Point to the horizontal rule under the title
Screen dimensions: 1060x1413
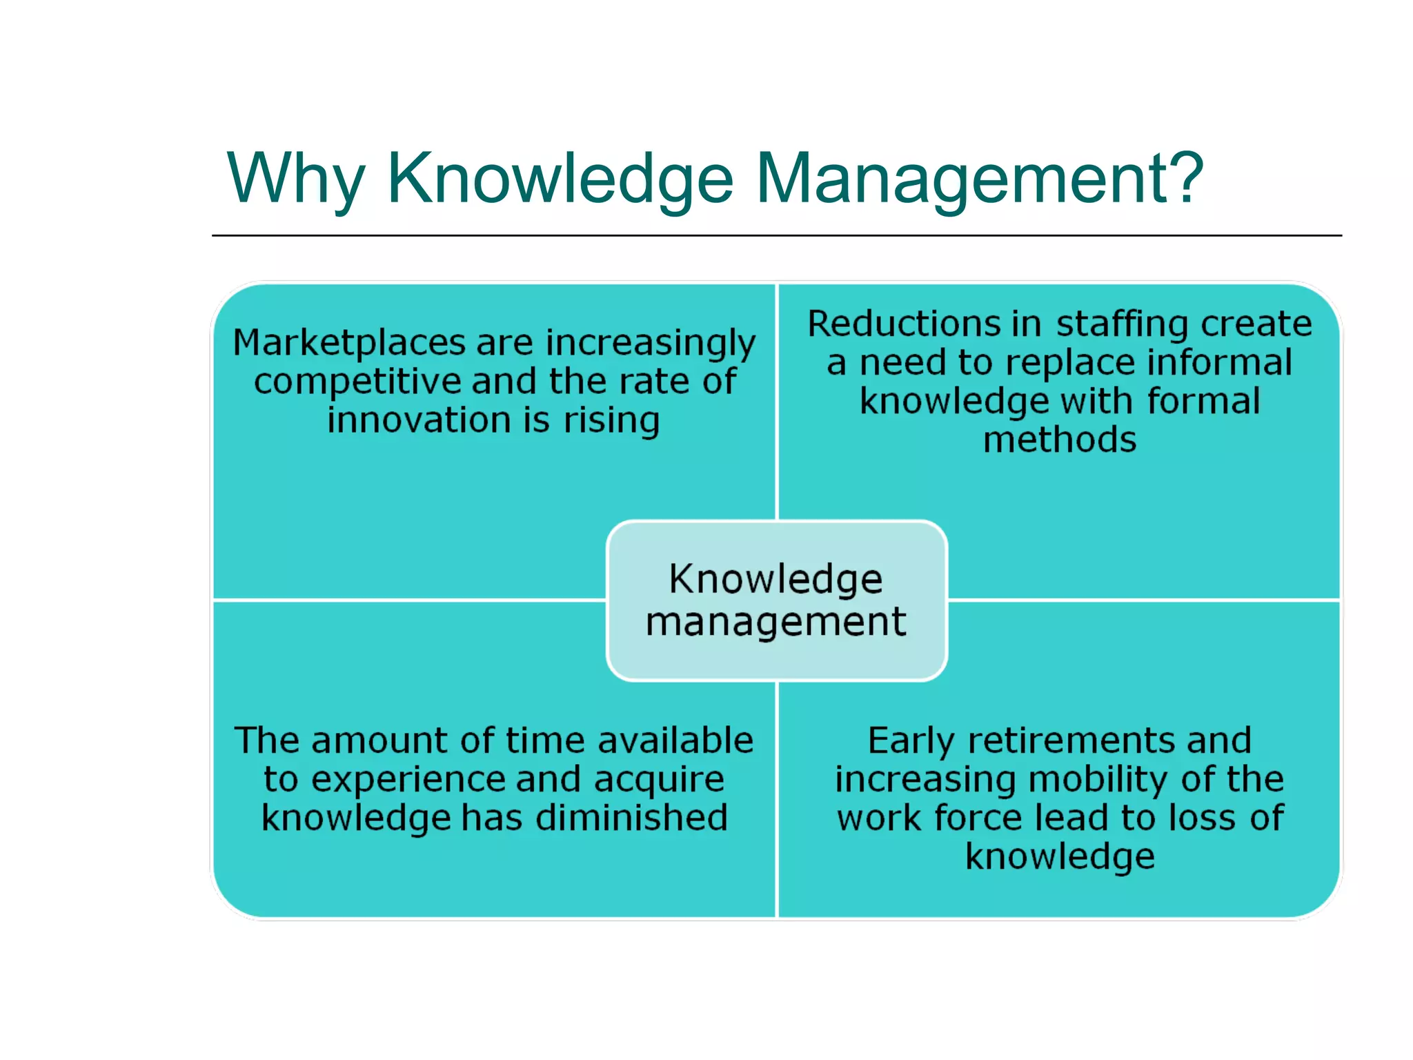click(776, 235)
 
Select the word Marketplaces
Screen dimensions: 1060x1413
click(349, 342)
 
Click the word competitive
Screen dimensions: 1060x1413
click(357, 381)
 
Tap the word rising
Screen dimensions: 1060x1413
click(611, 421)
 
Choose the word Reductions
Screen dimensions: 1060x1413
click(904, 323)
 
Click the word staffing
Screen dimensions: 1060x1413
click(1122, 324)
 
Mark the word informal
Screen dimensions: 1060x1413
click(1219, 362)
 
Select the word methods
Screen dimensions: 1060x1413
click(1060, 440)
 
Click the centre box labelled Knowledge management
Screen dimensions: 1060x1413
click(776, 600)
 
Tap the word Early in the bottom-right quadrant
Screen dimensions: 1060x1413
click(911, 741)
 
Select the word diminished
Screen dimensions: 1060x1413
click(631, 817)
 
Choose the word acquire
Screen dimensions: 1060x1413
click(658, 780)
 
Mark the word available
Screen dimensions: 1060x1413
click(675, 740)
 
